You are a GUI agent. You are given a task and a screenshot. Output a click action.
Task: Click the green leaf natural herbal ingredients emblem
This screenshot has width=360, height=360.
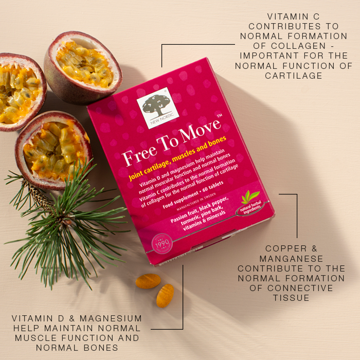coord(251,200)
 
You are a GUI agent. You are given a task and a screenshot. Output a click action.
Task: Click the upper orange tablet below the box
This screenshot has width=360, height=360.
coord(148,281)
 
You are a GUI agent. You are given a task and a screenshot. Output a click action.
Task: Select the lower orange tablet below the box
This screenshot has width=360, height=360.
coord(165,296)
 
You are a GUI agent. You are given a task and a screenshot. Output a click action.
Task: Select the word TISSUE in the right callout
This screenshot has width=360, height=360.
coord(291,297)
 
